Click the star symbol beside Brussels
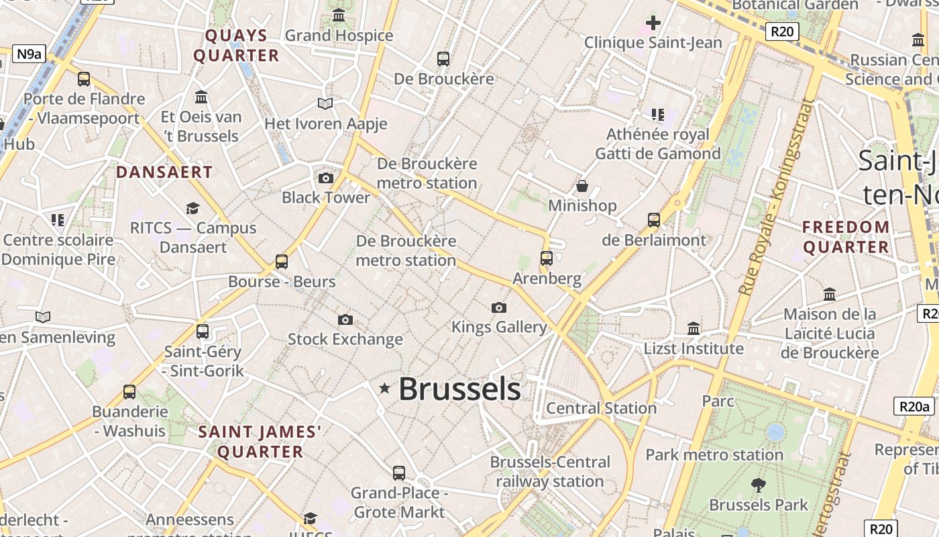[384, 388]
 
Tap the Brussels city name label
[459, 389]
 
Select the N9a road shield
[29, 54]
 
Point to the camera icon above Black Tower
[326, 178]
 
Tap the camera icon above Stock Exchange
[345, 320]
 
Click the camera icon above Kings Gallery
[498, 307]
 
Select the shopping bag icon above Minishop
[582, 186]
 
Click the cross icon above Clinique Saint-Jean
[653, 23]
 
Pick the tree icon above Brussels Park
[759, 485]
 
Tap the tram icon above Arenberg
[547, 258]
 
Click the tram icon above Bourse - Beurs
[282, 261]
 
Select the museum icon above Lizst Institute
[694, 329]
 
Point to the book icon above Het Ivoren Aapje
[325, 104]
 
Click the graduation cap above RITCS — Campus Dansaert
[193, 208]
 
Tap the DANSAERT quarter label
[164, 173]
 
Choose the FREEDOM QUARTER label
[846, 237]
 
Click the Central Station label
[601, 408]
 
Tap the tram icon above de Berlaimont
[654, 219]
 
